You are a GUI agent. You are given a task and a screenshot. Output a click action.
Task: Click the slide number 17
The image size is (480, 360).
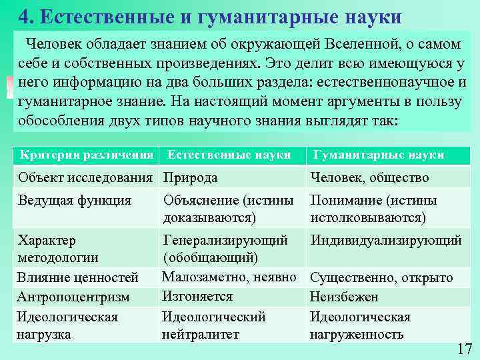[x=465, y=349]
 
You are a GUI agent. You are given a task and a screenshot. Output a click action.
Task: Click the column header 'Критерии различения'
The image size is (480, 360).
[x=87, y=155]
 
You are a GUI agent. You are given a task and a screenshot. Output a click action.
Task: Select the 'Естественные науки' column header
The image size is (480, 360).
[x=229, y=155]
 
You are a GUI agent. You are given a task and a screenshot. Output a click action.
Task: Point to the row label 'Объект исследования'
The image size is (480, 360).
[x=87, y=178]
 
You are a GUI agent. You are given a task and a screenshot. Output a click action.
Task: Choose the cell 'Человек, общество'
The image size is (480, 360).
[x=369, y=178]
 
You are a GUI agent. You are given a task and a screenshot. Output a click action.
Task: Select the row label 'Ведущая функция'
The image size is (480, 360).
[x=75, y=200]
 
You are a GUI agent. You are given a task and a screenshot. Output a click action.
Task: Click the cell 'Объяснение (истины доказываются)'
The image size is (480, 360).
[x=228, y=209]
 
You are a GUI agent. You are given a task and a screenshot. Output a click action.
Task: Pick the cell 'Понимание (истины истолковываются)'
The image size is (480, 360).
[x=373, y=209]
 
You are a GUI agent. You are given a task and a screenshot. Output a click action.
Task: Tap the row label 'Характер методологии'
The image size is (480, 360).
[x=59, y=249]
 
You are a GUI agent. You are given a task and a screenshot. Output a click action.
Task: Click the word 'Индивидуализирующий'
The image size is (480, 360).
[x=386, y=240]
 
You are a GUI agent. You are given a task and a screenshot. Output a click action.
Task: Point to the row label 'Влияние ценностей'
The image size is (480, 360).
[x=78, y=278]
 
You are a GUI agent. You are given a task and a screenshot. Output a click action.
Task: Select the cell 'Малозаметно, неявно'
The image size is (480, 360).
[x=229, y=277]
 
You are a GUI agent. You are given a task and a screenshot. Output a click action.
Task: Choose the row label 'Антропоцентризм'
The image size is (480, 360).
[x=74, y=297]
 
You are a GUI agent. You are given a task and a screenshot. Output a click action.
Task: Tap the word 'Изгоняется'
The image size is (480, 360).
[x=197, y=296]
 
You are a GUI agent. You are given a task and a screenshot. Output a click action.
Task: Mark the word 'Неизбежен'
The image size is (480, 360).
[x=344, y=297]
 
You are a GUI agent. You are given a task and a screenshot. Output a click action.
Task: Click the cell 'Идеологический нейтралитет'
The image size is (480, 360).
[x=214, y=325]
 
